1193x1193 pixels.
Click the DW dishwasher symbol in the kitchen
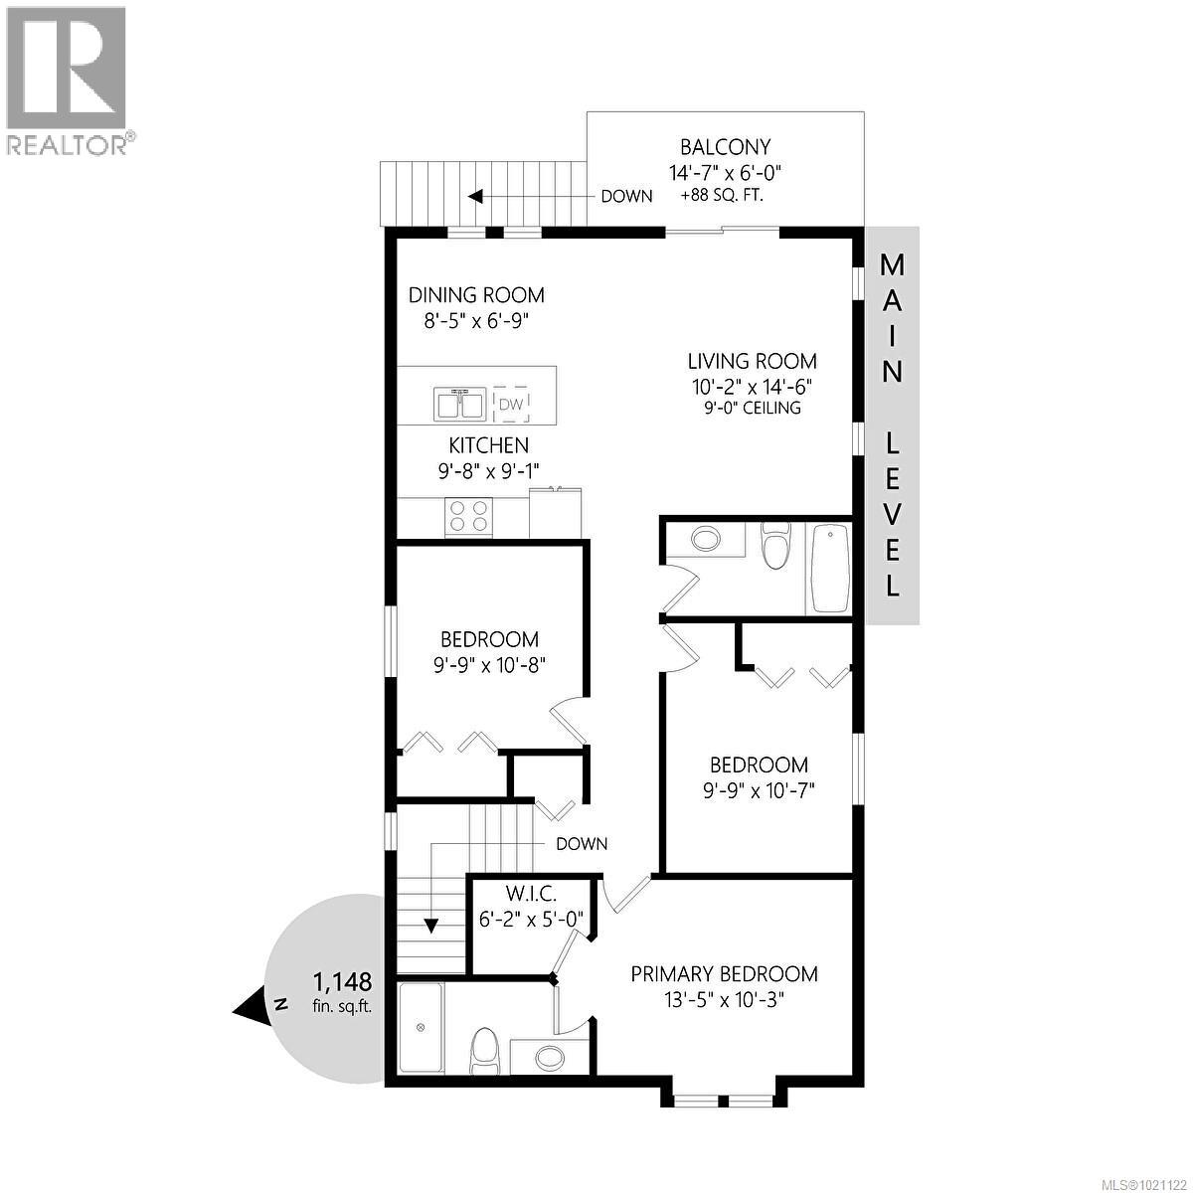click(x=511, y=404)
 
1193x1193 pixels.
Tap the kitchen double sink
click(x=459, y=405)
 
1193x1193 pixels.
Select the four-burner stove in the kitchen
click(x=469, y=516)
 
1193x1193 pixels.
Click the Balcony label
click(x=725, y=147)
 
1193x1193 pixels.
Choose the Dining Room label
click(x=477, y=294)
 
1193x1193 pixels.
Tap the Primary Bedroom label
click(x=724, y=974)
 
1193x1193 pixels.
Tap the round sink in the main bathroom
click(x=706, y=540)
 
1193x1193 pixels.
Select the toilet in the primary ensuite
click(x=483, y=1052)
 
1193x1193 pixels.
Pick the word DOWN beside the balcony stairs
click(x=626, y=196)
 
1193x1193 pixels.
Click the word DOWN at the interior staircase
click(x=582, y=844)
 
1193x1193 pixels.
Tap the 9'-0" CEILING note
click(x=753, y=409)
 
